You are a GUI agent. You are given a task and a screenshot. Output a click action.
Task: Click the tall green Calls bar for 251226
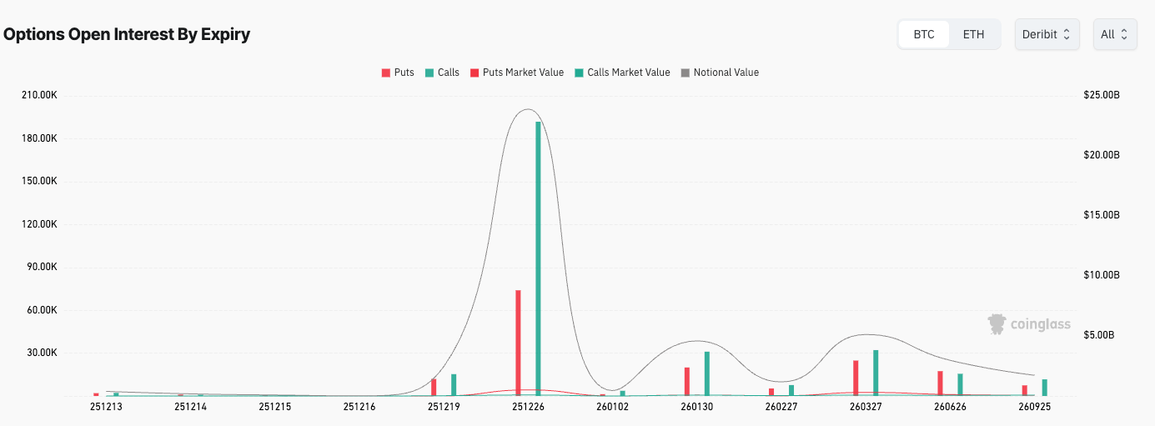tap(538, 258)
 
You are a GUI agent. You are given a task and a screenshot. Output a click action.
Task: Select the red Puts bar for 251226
tap(518, 342)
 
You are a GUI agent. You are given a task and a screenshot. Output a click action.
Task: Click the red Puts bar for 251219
tap(434, 387)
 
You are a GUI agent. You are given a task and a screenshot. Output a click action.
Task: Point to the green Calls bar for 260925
tap(1044, 387)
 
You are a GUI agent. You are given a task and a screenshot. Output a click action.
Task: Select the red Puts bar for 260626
tap(940, 383)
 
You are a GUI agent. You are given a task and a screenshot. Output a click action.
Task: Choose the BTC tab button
tap(924, 34)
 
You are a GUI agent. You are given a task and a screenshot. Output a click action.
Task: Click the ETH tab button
tap(973, 34)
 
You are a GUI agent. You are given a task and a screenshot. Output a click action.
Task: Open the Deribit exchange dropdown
tap(1047, 34)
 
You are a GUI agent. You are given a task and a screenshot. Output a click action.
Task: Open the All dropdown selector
tap(1114, 34)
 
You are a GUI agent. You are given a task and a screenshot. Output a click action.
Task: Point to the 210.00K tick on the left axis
tap(40, 95)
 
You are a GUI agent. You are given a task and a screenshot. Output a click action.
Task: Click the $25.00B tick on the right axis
tap(1102, 95)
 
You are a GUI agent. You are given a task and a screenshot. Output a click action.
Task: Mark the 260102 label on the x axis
tap(612, 407)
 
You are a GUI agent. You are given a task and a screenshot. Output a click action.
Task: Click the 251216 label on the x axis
tap(359, 407)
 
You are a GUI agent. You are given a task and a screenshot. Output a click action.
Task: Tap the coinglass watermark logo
tap(1029, 324)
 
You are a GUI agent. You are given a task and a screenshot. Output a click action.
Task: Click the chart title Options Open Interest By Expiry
tap(127, 34)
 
